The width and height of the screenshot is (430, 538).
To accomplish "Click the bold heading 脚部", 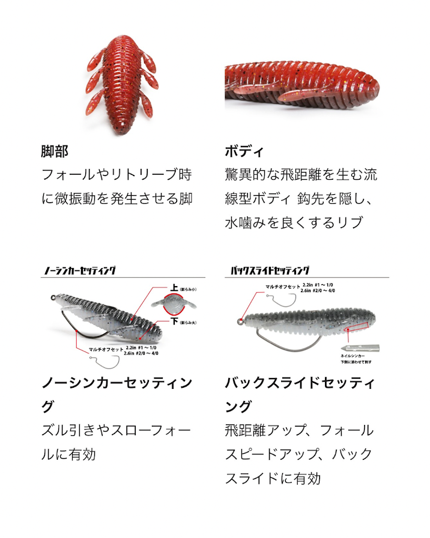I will (55, 150).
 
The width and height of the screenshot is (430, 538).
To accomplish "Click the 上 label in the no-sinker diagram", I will (174, 289).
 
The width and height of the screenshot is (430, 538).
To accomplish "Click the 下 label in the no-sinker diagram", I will (174, 322).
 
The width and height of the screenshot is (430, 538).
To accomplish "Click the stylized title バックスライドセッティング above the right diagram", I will (270, 271).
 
